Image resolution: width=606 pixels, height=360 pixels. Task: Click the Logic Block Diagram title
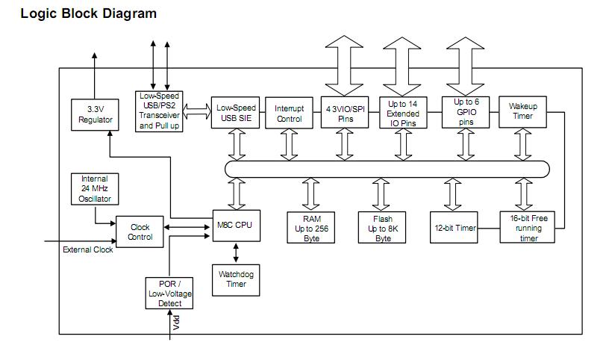(x=89, y=13)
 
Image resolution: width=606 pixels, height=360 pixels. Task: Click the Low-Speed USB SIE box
(x=236, y=114)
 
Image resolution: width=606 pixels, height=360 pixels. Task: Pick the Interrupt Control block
(x=284, y=114)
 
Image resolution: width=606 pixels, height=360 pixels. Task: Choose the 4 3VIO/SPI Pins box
(x=345, y=114)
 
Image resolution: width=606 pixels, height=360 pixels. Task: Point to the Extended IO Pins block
(x=403, y=114)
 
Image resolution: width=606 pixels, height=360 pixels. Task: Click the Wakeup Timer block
(x=522, y=111)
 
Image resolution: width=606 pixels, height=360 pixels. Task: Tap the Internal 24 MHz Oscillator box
(x=95, y=189)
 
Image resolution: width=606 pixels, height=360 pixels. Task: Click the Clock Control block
(x=140, y=232)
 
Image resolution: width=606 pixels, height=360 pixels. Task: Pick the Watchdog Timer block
(x=236, y=279)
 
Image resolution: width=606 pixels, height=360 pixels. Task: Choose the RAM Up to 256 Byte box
(x=312, y=228)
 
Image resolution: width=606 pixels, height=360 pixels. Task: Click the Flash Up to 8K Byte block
(x=383, y=228)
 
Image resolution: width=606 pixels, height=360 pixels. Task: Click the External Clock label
(x=88, y=249)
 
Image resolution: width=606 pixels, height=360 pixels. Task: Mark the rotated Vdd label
(x=177, y=322)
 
